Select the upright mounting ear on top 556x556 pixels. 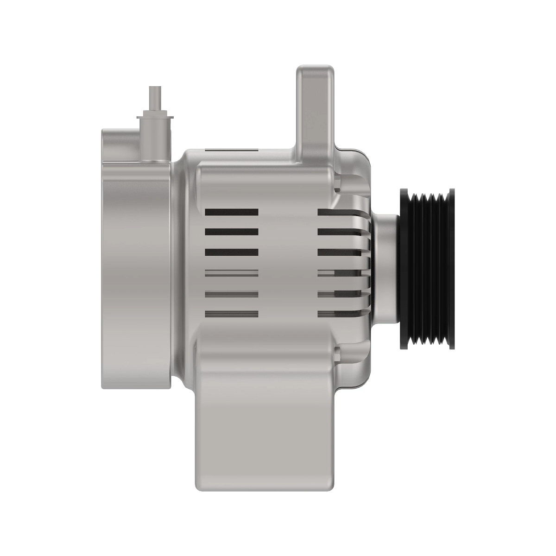click(x=315, y=107)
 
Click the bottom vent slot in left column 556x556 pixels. click(x=232, y=314)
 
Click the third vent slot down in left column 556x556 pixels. click(x=232, y=253)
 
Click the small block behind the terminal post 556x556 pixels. click(x=120, y=144)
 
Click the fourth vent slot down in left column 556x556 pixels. click(x=232, y=273)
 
